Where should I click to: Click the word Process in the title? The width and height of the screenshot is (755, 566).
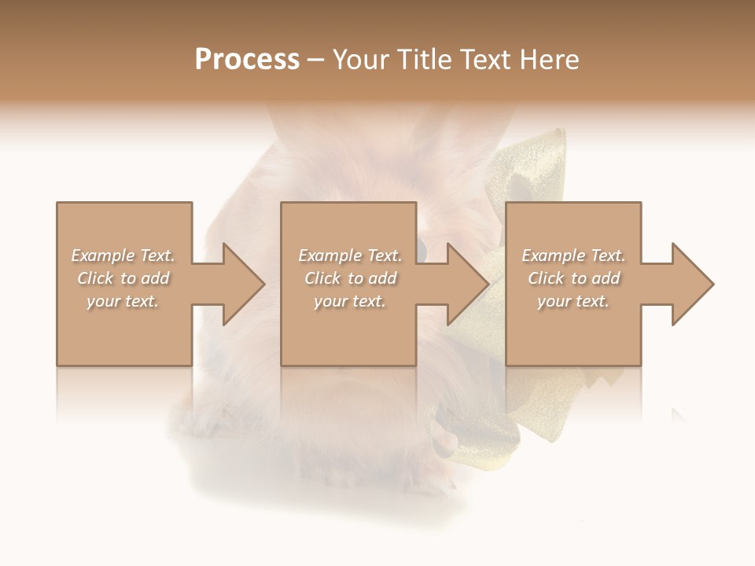pos(247,60)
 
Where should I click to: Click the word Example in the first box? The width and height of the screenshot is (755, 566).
pos(103,255)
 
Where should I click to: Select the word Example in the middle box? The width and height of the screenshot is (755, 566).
pos(330,255)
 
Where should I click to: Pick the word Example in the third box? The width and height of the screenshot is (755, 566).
pos(554,255)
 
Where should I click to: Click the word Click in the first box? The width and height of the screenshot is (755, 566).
pos(95,278)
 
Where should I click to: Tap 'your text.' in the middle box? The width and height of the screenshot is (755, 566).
pos(349,301)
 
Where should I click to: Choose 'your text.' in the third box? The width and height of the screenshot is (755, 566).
pos(573,301)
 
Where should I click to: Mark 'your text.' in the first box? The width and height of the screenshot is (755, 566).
pos(123,301)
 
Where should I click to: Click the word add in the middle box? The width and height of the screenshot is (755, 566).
pos(382,278)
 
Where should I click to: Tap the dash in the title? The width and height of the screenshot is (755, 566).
pos(315,60)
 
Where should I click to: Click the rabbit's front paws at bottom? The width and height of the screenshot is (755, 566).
pos(330,472)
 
